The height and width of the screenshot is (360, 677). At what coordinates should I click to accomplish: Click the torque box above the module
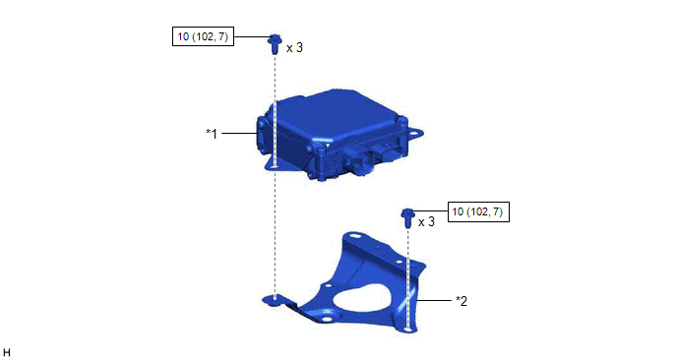point(203,36)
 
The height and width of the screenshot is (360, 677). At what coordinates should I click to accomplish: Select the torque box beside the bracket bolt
point(478,211)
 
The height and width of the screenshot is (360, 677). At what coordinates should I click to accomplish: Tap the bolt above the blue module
point(275,44)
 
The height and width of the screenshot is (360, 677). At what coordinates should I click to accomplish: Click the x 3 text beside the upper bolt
point(294,48)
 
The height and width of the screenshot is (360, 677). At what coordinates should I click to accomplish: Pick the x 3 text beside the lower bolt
point(427,222)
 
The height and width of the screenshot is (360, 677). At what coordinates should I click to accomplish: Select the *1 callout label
point(212,134)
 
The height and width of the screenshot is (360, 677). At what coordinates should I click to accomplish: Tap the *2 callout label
point(462,301)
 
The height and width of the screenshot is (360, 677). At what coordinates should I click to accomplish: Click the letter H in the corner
point(7,353)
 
